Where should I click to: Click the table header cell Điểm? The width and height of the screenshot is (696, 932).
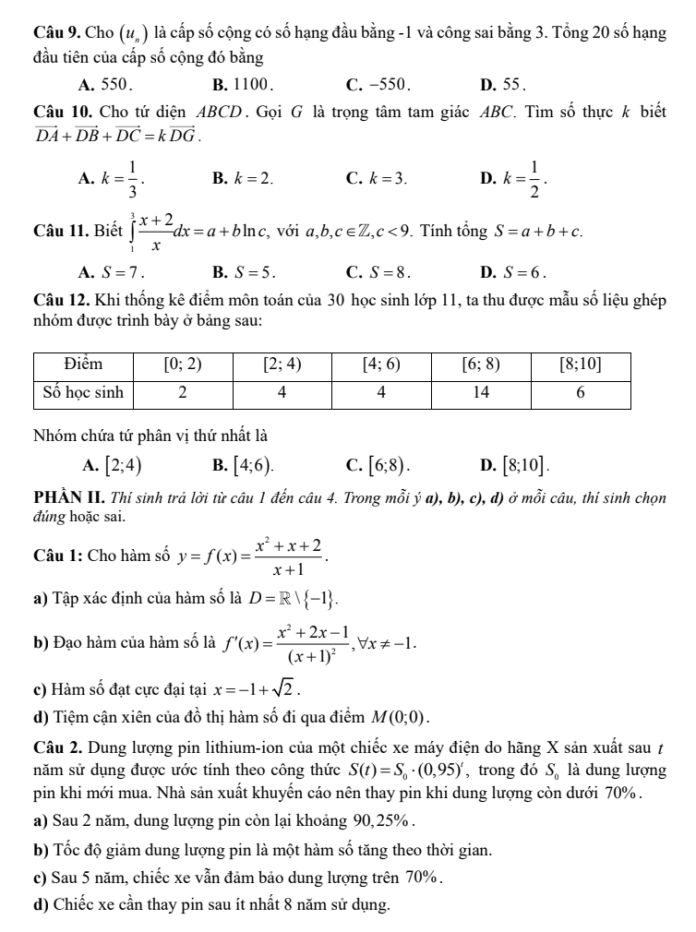point(85,365)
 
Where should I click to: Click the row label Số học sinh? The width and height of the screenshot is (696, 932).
point(85,392)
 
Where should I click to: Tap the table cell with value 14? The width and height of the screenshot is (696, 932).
point(481,392)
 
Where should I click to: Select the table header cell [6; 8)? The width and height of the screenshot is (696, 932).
point(481,365)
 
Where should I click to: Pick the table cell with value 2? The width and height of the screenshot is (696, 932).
point(183,392)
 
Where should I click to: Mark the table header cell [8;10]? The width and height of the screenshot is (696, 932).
point(581,365)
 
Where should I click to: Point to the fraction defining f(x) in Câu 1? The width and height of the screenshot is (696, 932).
point(284,556)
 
